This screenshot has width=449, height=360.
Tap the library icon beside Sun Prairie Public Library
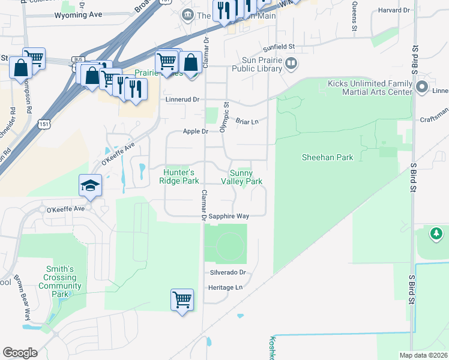click(x=291, y=62)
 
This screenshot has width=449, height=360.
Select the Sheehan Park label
click(x=327, y=157)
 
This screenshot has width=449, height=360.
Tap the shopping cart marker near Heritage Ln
click(x=182, y=299)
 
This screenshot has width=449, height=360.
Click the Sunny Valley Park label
click(x=242, y=177)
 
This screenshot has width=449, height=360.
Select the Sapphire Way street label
click(x=228, y=215)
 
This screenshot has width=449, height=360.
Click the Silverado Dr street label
click(x=228, y=272)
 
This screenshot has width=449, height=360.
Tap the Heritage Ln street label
click(x=224, y=287)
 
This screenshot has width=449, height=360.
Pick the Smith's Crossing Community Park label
click(x=60, y=281)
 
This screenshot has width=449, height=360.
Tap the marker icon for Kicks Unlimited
click(x=421, y=87)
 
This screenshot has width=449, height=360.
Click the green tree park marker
click(x=437, y=233)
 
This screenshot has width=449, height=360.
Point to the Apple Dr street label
click(x=196, y=131)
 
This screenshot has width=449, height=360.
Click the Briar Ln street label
click(x=246, y=121)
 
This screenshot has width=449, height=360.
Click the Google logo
click(x=20, y=352)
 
